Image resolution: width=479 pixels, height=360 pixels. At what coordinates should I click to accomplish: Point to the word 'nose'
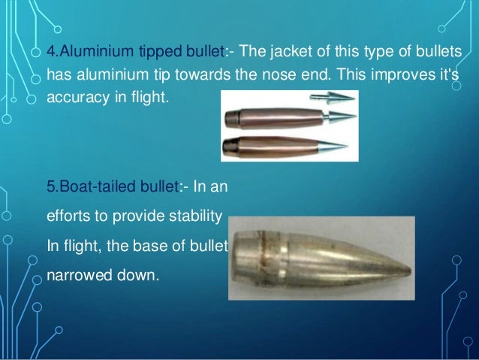click(330, 75)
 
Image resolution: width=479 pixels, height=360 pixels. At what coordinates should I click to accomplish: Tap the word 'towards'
click(255, 75)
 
